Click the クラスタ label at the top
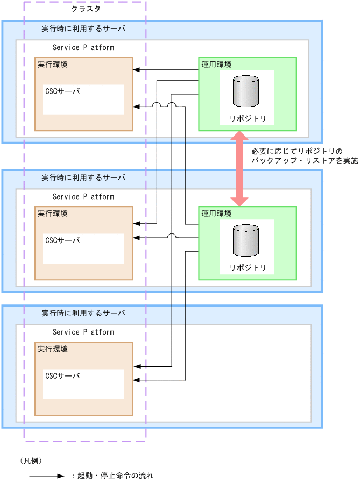(x=86, y=9)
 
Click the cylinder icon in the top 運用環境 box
(x=246, y=91)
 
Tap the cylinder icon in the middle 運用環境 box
(x=246, y=240)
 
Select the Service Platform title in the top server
(x=83, y=47)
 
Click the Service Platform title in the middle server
(x=83, y=196)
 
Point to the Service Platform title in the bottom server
(x=83, y=332)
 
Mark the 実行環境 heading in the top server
(x=53, y=65)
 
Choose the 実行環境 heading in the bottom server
(x=53, y=349)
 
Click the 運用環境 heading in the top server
(x=216, y=65)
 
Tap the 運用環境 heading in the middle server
(x=216, y=214)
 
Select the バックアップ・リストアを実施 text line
(x=305, y=161)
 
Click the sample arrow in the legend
(x=47, y=476)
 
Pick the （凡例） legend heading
(x=31, y=460)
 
